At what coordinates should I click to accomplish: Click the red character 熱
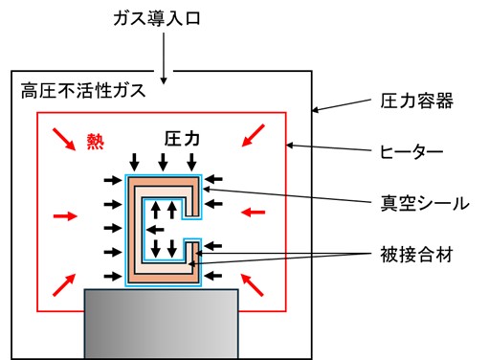tap(96, 140)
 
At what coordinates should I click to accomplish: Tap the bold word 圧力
tap(182, 140)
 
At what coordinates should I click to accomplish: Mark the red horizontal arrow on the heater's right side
tap(254, 210)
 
